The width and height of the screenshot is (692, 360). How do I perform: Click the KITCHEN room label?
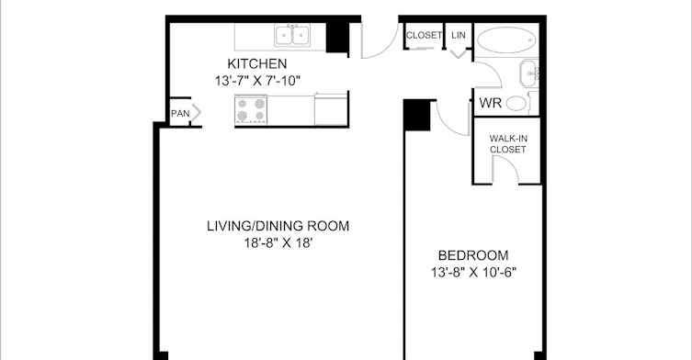pos(256,63)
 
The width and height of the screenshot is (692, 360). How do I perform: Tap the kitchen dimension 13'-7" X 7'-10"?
pos(257,81)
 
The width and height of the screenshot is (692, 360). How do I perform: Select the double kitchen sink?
pos(292,35)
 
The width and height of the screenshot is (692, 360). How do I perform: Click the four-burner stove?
pos(251,109)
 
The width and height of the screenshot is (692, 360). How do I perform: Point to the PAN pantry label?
pos(180,113)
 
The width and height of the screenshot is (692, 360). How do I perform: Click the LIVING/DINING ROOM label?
pos(278,226)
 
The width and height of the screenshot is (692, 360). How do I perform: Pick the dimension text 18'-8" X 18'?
pos(278,242)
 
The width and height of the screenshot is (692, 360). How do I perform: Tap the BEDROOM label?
pos(473,255)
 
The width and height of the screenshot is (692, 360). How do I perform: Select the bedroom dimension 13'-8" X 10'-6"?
pos(473,272)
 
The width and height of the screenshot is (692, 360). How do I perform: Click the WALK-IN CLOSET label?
pos(508,144)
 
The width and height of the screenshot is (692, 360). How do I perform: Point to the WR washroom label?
pos(491,103)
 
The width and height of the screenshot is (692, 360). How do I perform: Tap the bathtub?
pos(506,39)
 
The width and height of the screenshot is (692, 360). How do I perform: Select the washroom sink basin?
pos(528,73)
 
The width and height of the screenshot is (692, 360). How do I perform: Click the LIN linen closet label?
pos(459,35)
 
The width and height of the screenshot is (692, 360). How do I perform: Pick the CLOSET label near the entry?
pos(424,35)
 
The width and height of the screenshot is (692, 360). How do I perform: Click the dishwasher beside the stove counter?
pos(331,109)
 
